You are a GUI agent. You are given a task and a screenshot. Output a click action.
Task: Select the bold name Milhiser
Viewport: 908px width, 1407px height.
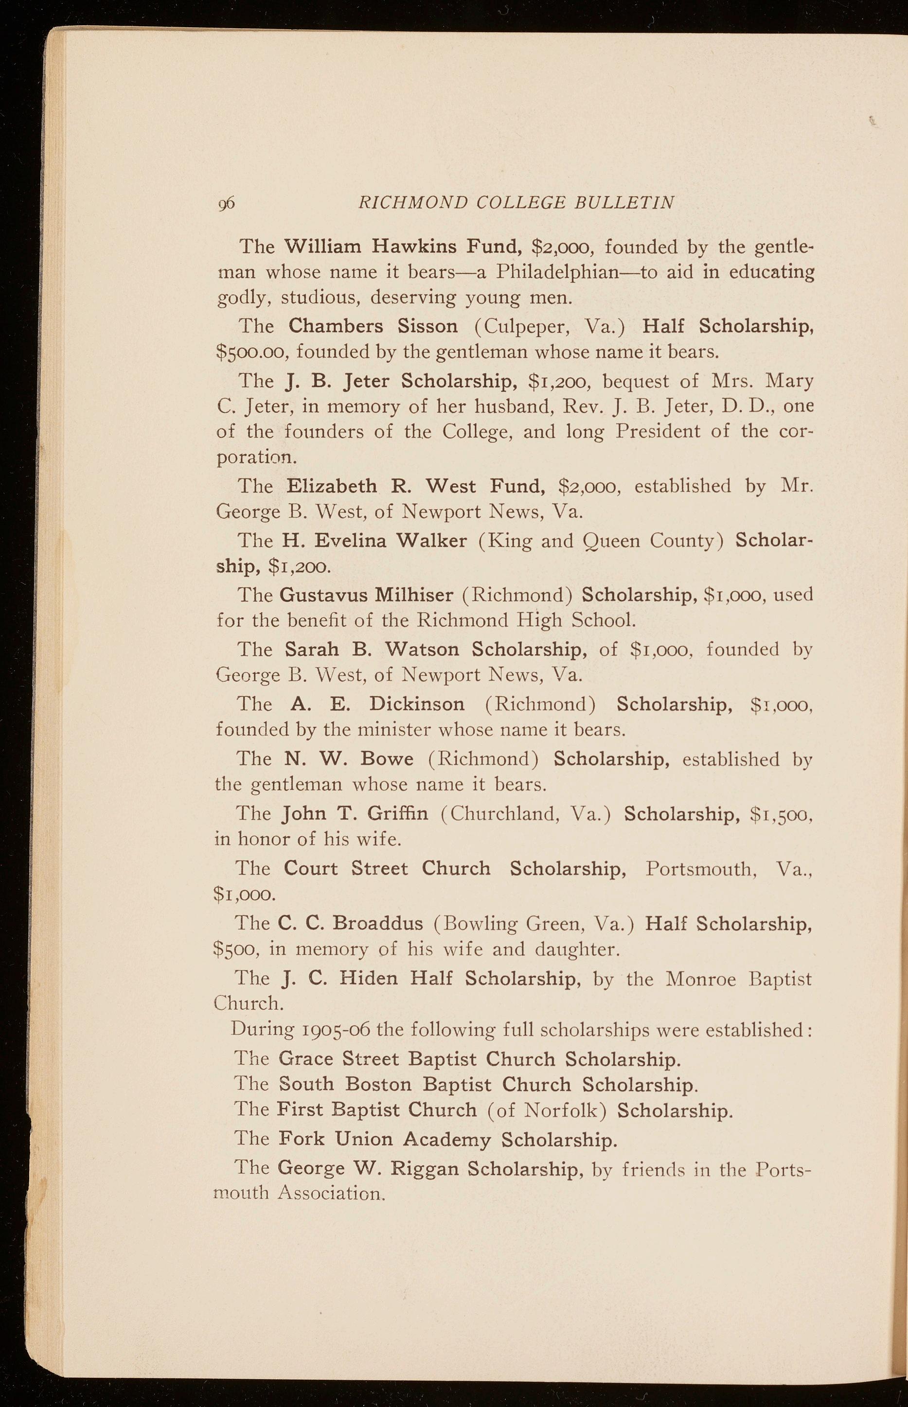tap(414, 594)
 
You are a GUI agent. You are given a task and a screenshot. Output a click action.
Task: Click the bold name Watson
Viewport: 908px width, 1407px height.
tap(422, 649)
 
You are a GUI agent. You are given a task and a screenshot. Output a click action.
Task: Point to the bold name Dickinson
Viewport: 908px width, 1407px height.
tap(417, 704)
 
